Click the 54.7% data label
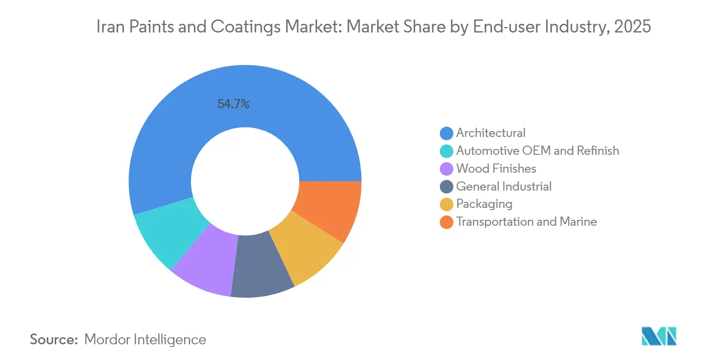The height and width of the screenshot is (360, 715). tap(233, 104)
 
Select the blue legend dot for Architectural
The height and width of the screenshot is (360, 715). tap(446, 133)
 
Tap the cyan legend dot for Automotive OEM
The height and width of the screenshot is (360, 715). tap(446, 151)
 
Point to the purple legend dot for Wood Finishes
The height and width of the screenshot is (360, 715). tap(446, 169)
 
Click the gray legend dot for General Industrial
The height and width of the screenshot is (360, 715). tap(446, 187)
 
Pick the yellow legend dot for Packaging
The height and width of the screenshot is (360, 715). tap(446, 204)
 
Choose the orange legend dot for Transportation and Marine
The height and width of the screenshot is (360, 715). tap(446, 222)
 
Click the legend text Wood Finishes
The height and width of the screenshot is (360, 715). tap(496, 169)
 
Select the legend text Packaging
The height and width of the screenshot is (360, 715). tap(484, 204)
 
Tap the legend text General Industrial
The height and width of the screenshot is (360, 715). tap(504, 187)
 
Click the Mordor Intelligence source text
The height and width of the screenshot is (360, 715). tap(145, 339)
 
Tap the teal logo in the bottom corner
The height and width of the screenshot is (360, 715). tap(659, 336)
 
